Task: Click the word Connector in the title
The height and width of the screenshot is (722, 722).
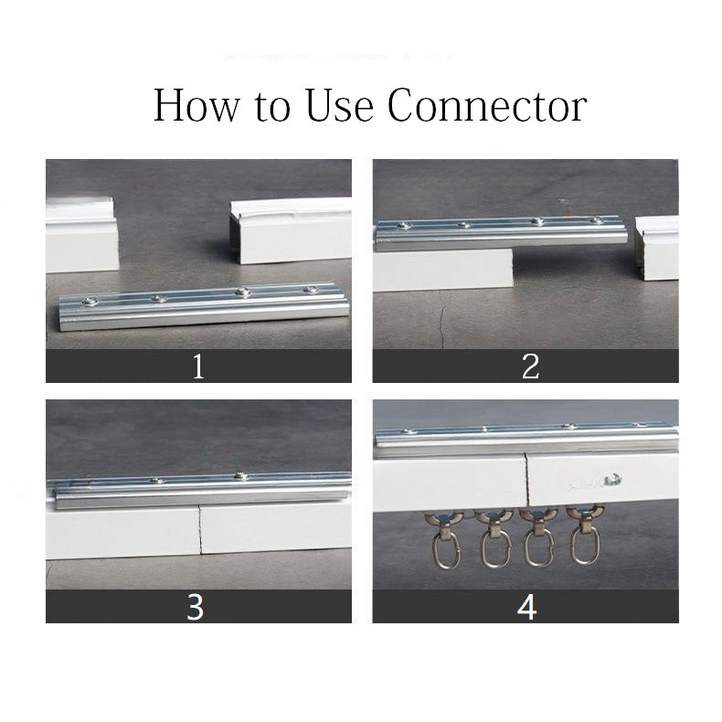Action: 487,105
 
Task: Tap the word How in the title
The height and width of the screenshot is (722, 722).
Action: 196,105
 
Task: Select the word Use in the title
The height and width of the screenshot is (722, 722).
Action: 339,105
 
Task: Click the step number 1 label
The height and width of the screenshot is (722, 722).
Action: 198,366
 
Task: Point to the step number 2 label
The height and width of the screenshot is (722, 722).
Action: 530,366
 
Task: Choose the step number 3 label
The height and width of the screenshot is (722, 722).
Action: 196,608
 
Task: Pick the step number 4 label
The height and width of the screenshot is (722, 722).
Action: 526,608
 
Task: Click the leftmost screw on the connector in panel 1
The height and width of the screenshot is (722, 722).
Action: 89,303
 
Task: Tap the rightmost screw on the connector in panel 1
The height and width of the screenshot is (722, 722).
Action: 311,290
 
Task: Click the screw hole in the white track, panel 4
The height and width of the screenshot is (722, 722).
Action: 614,480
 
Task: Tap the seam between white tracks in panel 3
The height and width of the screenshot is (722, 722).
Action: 200,529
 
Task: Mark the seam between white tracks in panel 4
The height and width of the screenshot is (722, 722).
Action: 527,480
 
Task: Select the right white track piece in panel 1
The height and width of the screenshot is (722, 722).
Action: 291,230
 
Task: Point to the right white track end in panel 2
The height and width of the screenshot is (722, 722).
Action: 656,248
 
